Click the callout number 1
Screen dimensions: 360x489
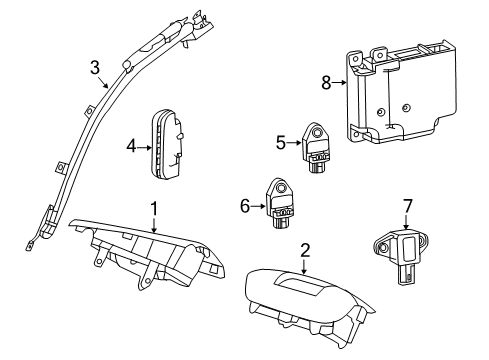(154, 208)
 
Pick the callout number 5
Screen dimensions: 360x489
(282, 142)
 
